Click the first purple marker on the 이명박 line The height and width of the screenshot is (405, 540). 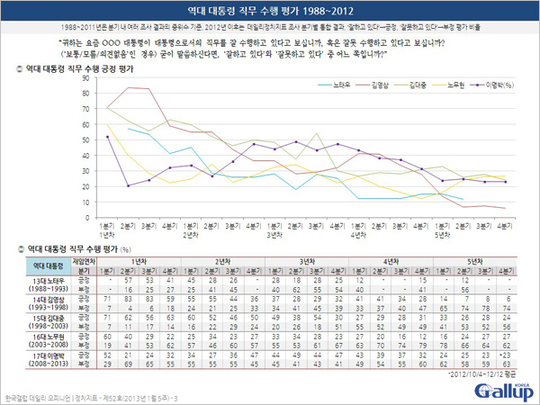(108, 137)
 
